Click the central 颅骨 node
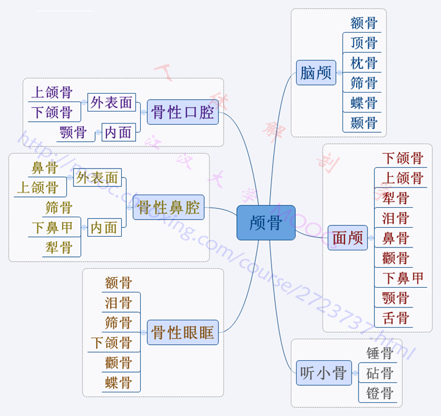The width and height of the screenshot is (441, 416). click(265, 223)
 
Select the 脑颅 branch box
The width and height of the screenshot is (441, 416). click(316, 73)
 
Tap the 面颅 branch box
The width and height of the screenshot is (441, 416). click(348, 238)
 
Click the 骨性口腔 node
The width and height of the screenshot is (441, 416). click(183, 112)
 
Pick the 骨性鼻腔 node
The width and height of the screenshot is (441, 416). click(169, 208)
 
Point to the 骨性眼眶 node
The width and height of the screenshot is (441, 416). click(183, 332)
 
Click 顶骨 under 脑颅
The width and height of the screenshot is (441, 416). click(363, 43)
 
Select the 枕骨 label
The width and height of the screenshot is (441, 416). click(363, 63)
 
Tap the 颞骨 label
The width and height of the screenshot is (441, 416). click(363, 123)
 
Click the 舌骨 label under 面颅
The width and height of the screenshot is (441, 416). click(395, 317)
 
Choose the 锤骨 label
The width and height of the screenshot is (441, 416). click(380, 354)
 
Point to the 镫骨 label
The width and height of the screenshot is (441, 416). click(380, 393)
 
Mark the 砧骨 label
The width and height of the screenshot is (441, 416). click(380, 374)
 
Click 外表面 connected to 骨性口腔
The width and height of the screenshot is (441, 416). click(112, 103)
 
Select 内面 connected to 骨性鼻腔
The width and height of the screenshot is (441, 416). click(104, 227)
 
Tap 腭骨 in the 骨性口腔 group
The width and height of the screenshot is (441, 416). click(73, 132)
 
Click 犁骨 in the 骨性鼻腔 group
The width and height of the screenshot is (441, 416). click(58, 247)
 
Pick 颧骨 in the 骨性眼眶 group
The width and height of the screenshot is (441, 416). click(118, 362)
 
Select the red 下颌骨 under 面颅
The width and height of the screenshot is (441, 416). click(402, 158)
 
